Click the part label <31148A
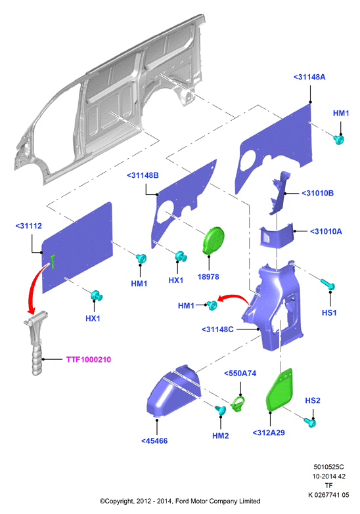tap(309, 77)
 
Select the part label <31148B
tap(143, 175)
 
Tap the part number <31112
tap(28, 226)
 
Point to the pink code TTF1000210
tap(89, 360)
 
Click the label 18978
tap(208, 277)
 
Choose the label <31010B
tap(317, 194)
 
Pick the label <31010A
tap(326, 232)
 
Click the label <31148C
tap(217, 330)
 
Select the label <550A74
tap(240, 374)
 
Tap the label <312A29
tap(269, 433)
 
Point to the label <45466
tap(154, 441)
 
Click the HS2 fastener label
tap(313, 400)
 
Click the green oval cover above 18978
tap(214, 240)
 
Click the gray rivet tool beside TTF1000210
tap(37, 343)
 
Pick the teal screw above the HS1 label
tap(328, 284)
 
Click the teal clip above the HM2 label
tap(220, 410)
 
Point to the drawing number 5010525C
tap(328, 467)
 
